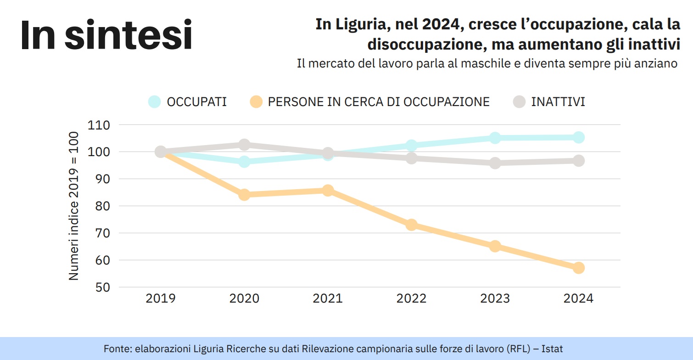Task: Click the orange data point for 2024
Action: [x=578, y=268]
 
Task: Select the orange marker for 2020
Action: [x=244, y=195]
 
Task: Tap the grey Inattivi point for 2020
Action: [x=244, y=145]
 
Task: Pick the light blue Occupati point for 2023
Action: [x=495, y=138]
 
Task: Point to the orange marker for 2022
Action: [x=411, y=225]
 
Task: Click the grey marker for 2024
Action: [x=578, y=161]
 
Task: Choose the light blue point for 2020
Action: [x=244, y=162]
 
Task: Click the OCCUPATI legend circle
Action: [x=155, y=102]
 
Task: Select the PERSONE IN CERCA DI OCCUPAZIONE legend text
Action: [x=379, y=102]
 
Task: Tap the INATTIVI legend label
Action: [x=558, y=102]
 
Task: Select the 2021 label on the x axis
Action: [x=328, y=299]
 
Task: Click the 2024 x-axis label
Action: [x=578, y=299]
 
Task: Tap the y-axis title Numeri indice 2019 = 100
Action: [x=74, y=206]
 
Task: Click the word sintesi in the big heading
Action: [x=129, y=36]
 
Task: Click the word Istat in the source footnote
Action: [x=552, y=349]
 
